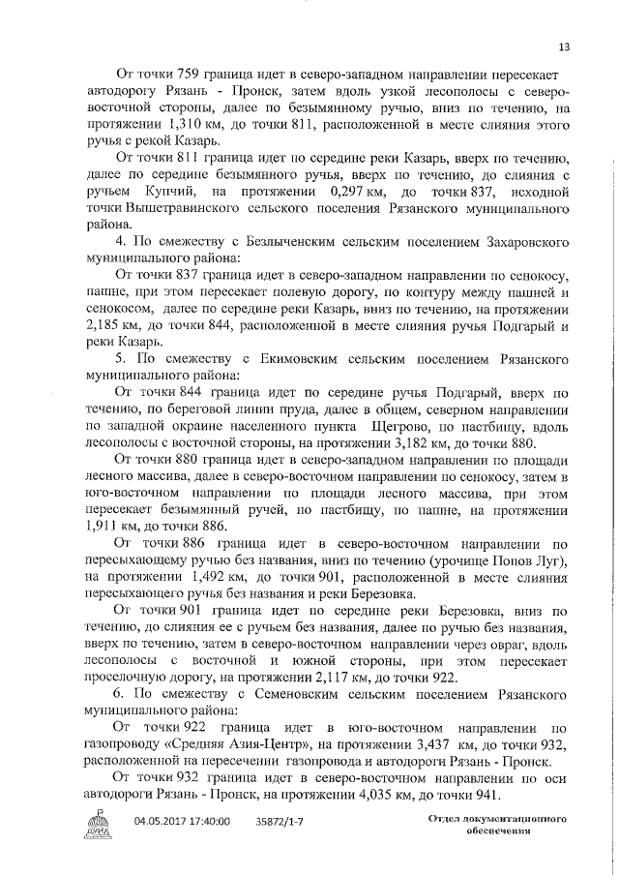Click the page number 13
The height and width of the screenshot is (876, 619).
click(x=564, y=46)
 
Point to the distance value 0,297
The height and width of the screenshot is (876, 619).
click(x=336, y=195)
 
